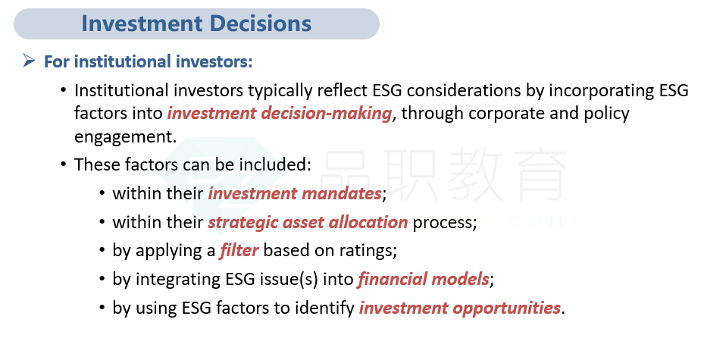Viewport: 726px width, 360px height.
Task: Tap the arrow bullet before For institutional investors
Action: click(29, 60)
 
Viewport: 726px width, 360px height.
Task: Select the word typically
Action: click(280, 91)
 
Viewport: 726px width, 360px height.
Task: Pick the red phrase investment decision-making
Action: click(280, 114)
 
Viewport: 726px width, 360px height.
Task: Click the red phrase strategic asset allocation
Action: click(308, 223)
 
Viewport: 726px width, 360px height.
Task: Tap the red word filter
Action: click(239, 251)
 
